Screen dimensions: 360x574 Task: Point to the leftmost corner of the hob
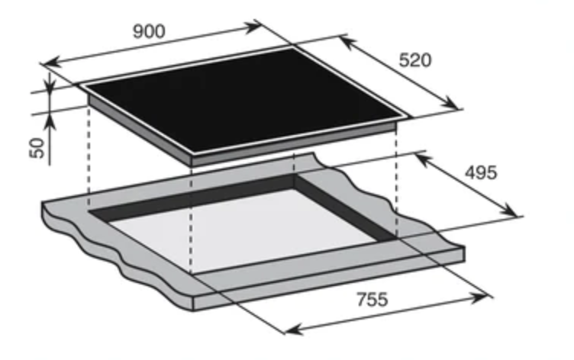80,85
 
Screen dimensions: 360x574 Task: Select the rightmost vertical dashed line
397,183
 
